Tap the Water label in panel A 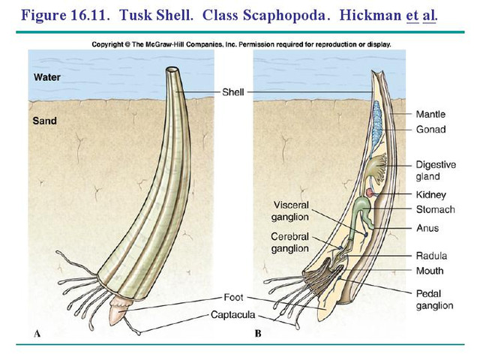point(47,77)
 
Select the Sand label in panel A point(45,120)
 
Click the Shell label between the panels point(233,92)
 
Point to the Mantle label point(430,115)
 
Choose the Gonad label point(430,130)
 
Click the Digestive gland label point(434,169)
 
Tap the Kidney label point(430,195)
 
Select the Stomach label point(435,210)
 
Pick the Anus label point(427,228)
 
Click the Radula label point(431,256)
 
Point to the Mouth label point(430,271)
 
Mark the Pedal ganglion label point(434,300)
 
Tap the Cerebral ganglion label point(290,242)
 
